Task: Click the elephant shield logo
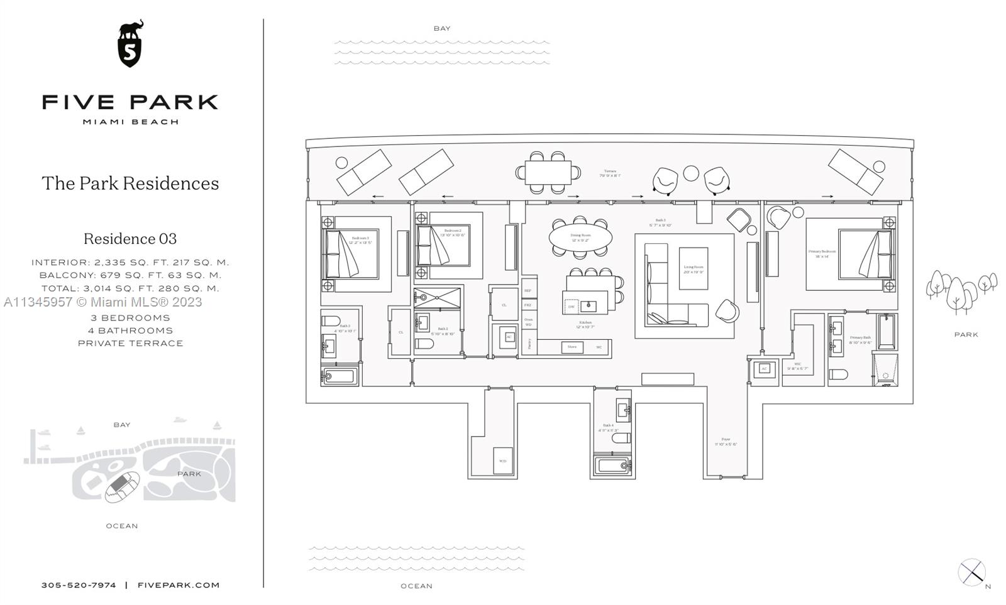[130, 43]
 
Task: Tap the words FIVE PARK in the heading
[130, 102]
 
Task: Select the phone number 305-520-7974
[79, 585]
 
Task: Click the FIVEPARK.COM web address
[179, 585]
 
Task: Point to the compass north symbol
[972, 572]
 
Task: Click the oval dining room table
[580, 238]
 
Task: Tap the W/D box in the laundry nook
[503, 461]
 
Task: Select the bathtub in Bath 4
[612, 466]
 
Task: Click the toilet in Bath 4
[621, 438]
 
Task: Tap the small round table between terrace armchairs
[691, 173]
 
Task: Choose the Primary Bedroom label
[822, 254]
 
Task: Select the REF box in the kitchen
[528, 291]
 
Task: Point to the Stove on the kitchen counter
[572, 347]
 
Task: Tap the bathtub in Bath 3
[340, 376]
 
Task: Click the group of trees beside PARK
[960, 289]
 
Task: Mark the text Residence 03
[130, 239]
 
